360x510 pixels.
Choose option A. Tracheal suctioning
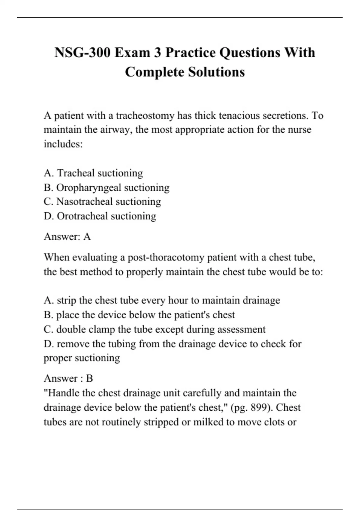(x=93, y=173)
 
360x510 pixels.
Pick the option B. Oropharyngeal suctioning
(x=106, y=187)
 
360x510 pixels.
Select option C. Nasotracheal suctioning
(x=102, y=202)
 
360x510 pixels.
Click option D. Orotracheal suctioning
(x=100, y=216)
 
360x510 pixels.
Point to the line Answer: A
(x=67, y=237)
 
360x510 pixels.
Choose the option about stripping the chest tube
(x=162, y=300)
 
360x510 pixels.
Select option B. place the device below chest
(x=139, y=315)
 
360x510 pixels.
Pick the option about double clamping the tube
(x=154, y=329)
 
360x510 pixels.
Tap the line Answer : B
(x=68, y=378)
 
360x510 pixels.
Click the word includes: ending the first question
(x=63, y=144)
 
